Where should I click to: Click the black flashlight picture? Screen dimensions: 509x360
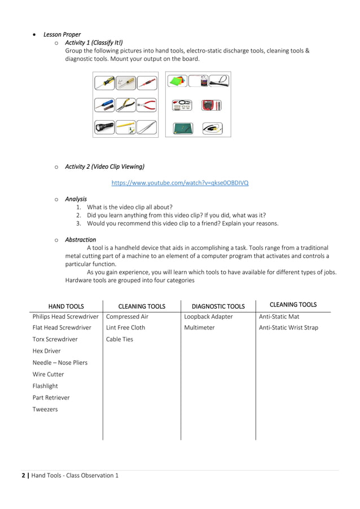coord(105,127)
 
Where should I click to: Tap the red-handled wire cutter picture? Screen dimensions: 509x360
coord(147,105)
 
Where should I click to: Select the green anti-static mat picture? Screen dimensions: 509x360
coord(183,129)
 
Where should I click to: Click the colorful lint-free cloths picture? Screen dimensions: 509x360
coord(178,81)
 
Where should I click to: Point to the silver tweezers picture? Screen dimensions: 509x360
coord(147,127)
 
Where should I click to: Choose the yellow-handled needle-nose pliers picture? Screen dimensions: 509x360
coord(126,105)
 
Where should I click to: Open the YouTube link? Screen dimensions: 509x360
coord(179,183)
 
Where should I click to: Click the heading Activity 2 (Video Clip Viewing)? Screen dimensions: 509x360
coord(104,166)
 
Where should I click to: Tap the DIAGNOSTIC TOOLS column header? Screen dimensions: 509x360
coord(218,306)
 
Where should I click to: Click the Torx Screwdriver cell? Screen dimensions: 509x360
coord(55,339)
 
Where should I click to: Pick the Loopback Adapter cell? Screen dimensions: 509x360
coord(208,317)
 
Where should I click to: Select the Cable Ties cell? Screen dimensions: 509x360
coord(120,339)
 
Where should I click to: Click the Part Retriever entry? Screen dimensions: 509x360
coord(51,398)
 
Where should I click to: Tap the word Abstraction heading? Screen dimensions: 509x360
coord(81,239)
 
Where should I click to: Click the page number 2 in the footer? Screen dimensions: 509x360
coord(24,475)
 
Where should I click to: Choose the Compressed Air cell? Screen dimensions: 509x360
coord(127,317)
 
